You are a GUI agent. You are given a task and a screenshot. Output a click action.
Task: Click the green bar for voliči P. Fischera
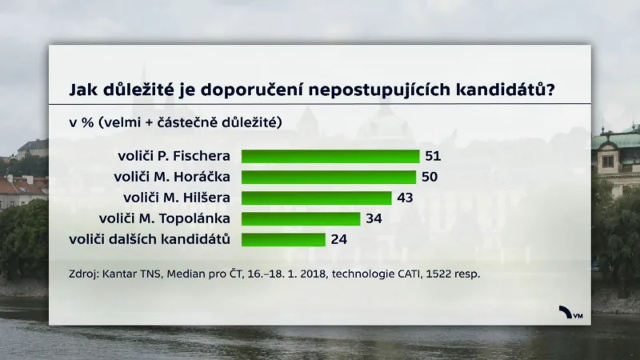tap(330, 156)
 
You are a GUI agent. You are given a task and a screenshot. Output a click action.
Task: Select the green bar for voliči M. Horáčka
tap(329, 177)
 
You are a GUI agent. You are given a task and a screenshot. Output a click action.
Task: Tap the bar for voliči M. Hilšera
tap(316, 198)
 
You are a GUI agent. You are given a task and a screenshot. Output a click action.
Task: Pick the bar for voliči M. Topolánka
tap(301, 218)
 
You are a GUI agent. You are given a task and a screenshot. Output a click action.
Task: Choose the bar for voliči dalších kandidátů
tap(283, 239)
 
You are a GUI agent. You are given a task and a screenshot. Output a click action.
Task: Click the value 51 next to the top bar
tap(433, 156)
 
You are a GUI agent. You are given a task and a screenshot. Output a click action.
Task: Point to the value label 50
tap(430, 177)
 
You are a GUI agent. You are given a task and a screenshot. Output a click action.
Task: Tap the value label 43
tap(405, 198)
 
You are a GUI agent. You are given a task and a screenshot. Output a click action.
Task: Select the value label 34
tap(374, 218)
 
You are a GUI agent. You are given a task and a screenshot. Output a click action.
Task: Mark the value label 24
tap(338, 239)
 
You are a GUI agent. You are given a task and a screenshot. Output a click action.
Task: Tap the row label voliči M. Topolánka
tap(165, 218)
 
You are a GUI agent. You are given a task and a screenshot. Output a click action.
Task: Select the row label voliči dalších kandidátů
tap(150, 239)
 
